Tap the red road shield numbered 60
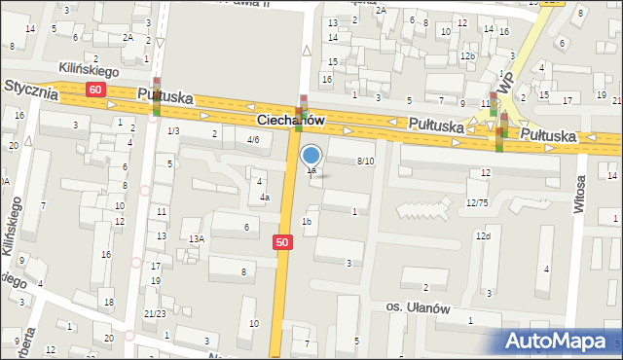[94, 90]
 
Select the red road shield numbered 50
[282, 242]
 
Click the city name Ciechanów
[290, 119]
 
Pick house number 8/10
[365, 161]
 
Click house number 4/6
[253, 139]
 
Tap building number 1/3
[173, 130]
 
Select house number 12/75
[477, 201]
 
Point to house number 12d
[483, 236]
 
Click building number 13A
[196, 238]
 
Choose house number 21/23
[154, 313]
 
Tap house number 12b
[468, 56]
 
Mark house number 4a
[264, 198]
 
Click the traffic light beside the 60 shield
[156, 97]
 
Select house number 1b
[307, 222]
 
